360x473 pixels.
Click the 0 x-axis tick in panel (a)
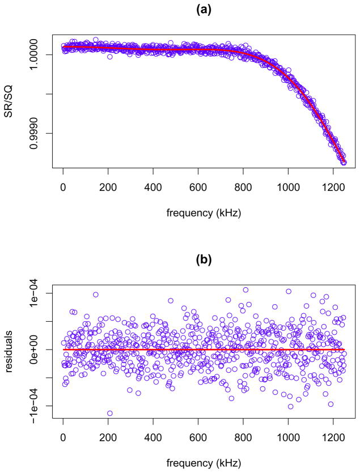coord(63,188)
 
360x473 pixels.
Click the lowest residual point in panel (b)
coord(109,413)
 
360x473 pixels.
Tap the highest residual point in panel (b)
coord(245,289)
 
